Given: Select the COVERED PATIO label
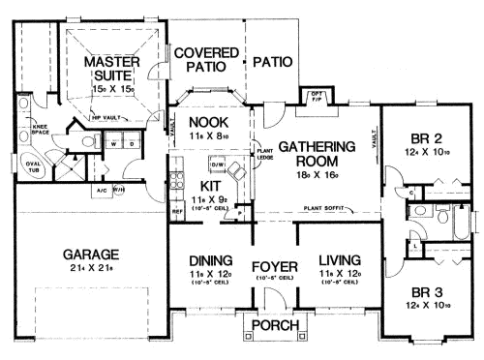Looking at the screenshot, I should [x=201, y=61].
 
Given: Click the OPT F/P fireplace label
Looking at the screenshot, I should [x=317, y=96].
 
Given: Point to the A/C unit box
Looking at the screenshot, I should [x=102, y=190].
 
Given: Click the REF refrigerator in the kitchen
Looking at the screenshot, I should [x=176, y=209].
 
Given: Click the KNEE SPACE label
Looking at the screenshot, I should [x=41, y=128].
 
